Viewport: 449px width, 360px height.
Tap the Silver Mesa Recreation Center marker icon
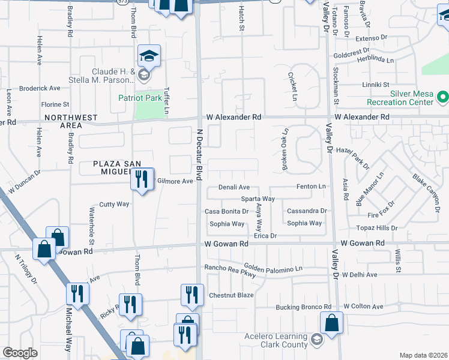click(443, 96)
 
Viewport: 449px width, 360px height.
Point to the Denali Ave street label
click(234, 188)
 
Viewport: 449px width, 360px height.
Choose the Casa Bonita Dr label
click(226, 211)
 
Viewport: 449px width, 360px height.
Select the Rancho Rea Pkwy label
click(230, 271)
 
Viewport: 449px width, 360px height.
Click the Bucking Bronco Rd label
click(304, 307)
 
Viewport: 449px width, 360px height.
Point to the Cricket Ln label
click(294, 88)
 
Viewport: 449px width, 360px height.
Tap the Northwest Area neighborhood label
click(71, 121)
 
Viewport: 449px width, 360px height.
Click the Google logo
click(20, 353)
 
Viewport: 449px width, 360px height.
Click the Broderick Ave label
click(40, 88)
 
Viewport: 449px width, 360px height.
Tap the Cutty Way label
click(114, 204)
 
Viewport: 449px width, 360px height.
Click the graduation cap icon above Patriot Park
click(149, 56)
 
